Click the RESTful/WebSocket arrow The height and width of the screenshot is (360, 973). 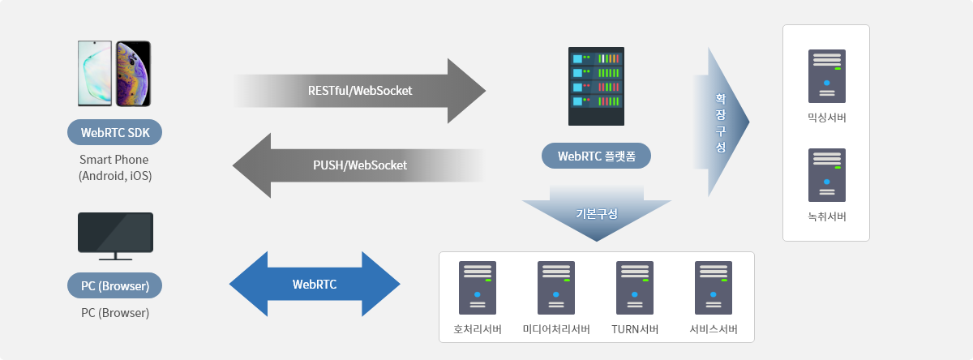click(x=360, y=91)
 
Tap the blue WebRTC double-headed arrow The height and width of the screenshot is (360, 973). click(x=315, y=284)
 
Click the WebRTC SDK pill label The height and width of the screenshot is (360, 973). click(x=114, y=132)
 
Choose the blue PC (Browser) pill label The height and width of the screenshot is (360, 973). click(x=114, y=285)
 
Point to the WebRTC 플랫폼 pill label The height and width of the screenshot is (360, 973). click(x=596, y=156)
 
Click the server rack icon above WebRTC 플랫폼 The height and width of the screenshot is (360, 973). click(x=596, y=87)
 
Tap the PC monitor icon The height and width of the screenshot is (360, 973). click(x=115, y=236)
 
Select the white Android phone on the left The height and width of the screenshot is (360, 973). click(x=95, y=74)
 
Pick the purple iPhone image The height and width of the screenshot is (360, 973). click(x=133, y=74)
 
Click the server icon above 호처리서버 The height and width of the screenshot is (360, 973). click(x=478, y=288)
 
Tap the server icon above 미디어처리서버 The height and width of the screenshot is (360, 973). click(x=556, y=288)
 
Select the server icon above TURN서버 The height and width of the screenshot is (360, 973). click(x=635, y=288)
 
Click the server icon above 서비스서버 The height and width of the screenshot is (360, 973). click(x=714, y=288)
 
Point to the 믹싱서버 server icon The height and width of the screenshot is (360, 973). click(x=826, y=76)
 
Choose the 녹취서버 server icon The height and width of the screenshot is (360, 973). click(x=826, y=175)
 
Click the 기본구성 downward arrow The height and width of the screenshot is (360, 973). click(x=597, y=213)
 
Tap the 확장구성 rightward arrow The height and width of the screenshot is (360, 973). click(x=721, y=122)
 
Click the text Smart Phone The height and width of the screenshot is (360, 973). click(x=114, y=160)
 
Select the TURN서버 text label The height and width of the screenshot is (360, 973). click(x=635, y=329)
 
